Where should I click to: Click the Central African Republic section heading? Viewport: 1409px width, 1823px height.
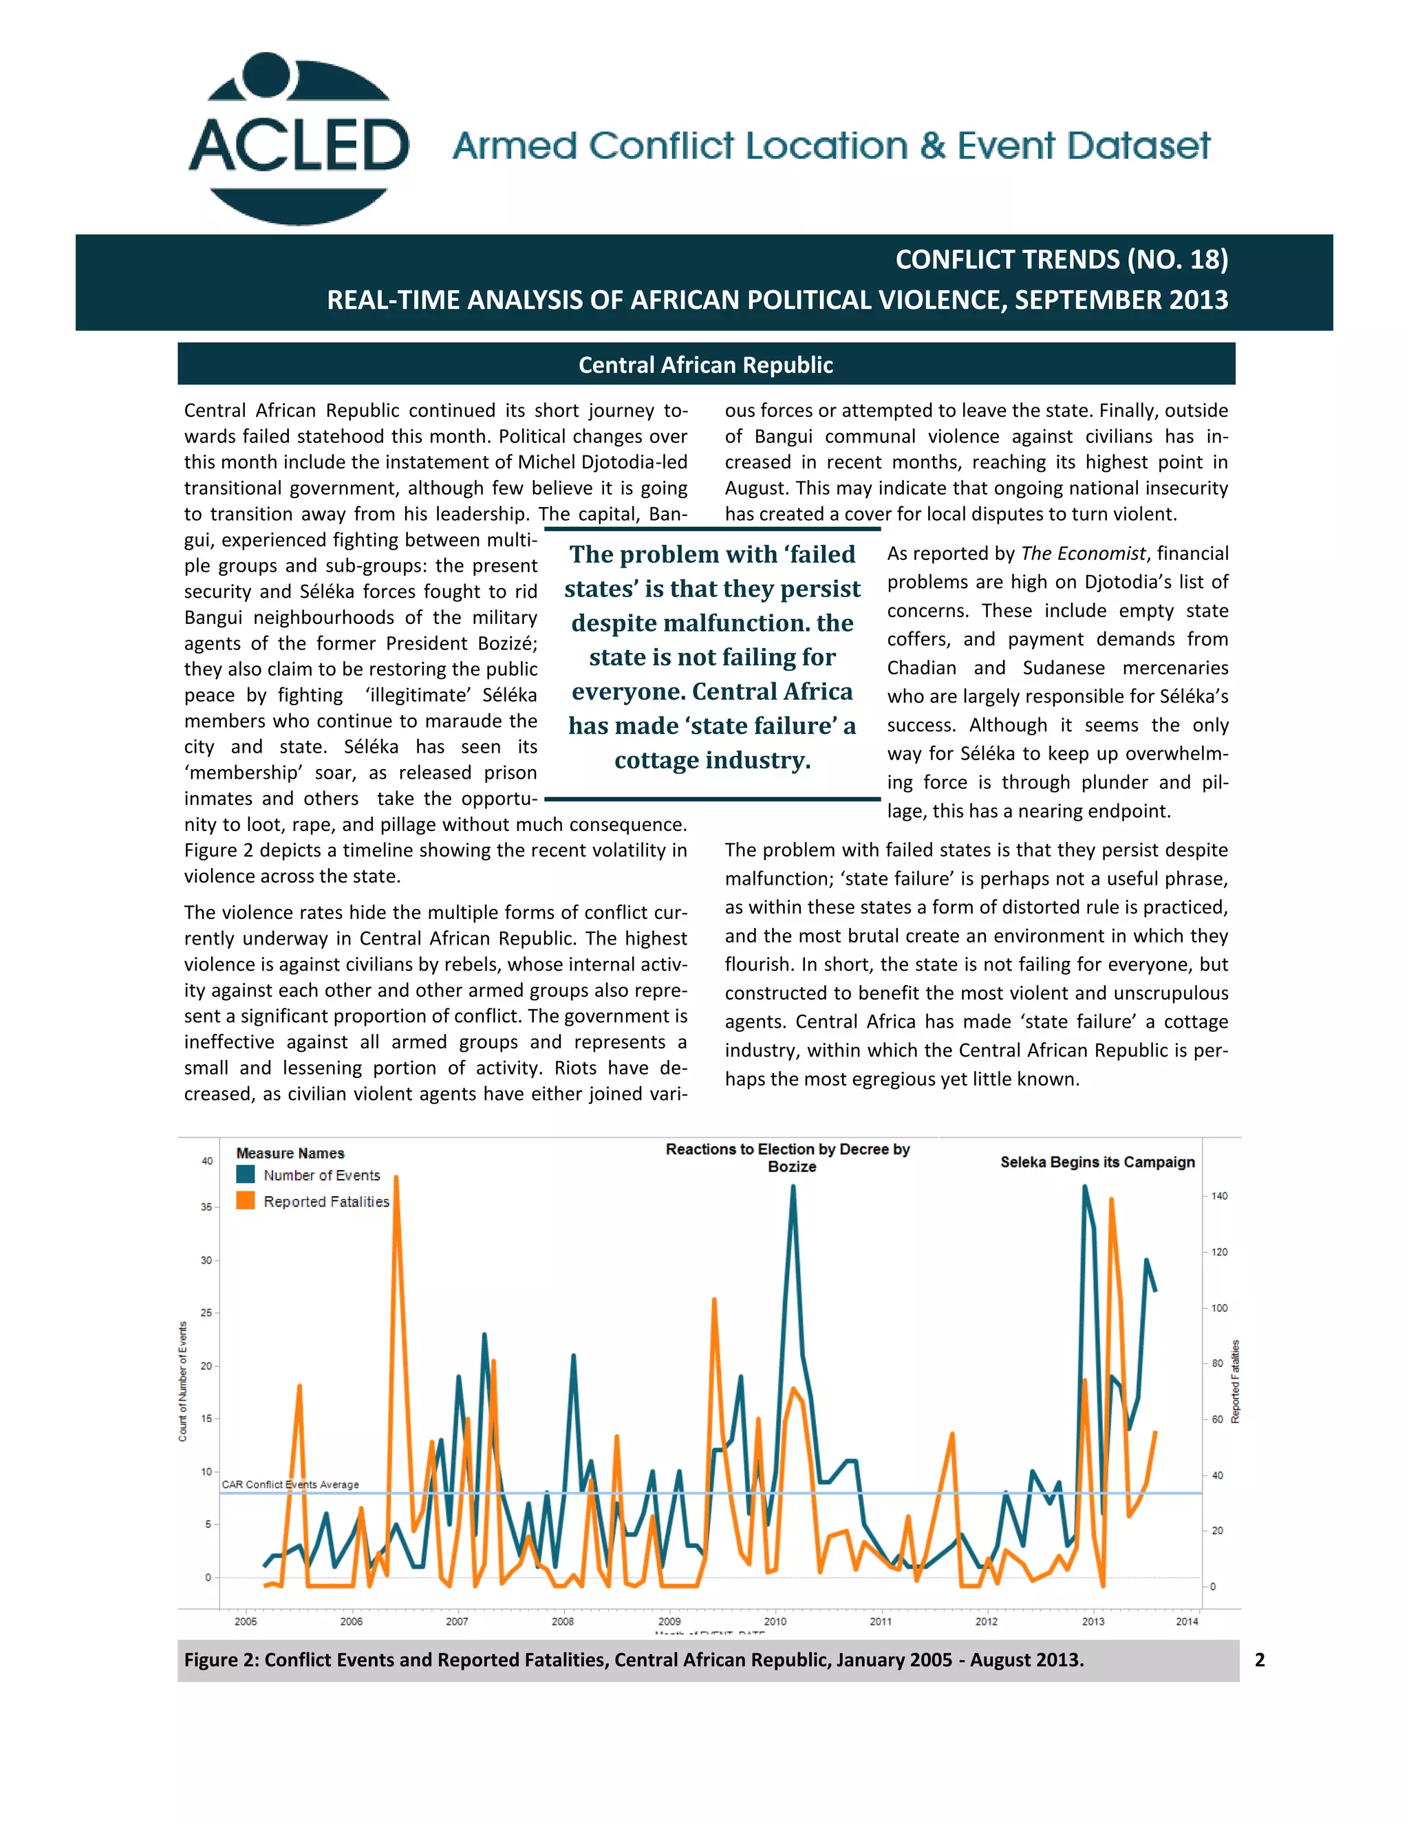[705, 365]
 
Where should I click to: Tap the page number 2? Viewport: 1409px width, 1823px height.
[1260, 1659]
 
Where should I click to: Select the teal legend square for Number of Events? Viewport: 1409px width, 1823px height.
[246, 1174]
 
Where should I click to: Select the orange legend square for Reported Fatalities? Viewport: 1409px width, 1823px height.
[246, 1200]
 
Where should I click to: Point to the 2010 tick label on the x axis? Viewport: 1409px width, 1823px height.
[775, 1621]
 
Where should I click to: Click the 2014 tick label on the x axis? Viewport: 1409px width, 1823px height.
[1186, 1621]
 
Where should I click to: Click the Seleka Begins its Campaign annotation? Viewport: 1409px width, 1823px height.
[1097, 1162]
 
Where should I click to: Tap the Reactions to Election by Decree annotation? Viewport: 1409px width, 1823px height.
[787, 1157]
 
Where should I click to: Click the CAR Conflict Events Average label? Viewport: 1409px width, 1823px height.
[290, 1484]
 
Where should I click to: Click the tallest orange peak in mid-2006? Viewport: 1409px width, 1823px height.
[396, 1178]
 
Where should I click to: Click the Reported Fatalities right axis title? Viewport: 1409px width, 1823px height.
[1236, 1381]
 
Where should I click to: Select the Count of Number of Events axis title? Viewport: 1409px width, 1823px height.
[183, 1381]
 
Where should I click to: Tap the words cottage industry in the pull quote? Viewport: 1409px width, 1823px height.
[712, 759]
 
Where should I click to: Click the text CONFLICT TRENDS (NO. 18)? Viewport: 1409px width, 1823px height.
[1061, 259]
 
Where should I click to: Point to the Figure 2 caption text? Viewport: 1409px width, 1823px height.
[634, 1659]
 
